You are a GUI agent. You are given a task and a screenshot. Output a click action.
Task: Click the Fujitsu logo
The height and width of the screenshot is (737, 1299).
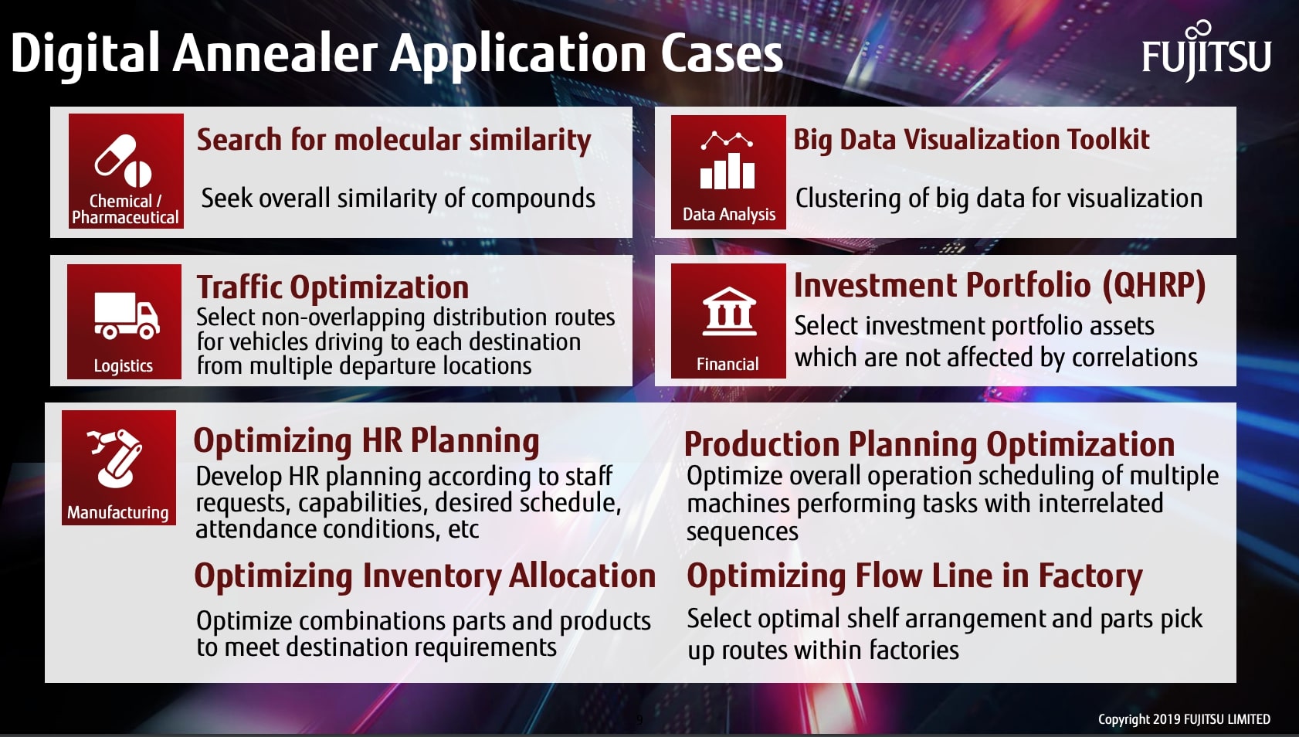click(1206, 53)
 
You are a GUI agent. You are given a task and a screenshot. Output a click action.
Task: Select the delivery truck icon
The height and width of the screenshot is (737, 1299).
click(126, 315)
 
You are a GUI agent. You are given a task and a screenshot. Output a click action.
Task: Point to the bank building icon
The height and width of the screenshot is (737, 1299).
click(729, 311)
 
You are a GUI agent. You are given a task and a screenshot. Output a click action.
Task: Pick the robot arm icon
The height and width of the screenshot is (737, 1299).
click(117, 459)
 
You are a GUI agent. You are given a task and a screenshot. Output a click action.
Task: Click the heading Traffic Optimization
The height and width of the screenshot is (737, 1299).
click(332, 287)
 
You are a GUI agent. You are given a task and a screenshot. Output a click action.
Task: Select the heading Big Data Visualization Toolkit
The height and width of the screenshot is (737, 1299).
click(971, 140)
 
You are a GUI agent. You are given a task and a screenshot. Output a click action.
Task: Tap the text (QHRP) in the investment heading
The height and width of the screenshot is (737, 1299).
click(1153, 285)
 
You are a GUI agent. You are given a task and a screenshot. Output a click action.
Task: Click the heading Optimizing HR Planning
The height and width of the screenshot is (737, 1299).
click(366, 441)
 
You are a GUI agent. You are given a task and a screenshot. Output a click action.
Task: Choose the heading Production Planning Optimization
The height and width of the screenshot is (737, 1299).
click(929, 444)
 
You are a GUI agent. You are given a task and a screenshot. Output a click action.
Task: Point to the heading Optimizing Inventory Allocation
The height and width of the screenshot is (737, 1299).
click(425, 576)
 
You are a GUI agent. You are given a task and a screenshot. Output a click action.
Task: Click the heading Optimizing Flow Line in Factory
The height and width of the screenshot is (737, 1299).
click(914, 576)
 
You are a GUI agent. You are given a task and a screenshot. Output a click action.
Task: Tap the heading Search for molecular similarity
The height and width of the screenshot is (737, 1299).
click(394, 141)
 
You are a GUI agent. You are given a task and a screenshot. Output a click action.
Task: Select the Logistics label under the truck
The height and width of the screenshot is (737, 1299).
click(124, 365)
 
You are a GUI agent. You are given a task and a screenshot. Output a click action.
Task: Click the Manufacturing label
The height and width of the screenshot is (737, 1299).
click(117, 512)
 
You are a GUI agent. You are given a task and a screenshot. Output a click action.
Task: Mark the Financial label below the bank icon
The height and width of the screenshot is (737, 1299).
click(728, 364)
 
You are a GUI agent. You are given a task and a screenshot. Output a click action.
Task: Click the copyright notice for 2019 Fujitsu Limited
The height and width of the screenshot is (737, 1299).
click(1183, 719)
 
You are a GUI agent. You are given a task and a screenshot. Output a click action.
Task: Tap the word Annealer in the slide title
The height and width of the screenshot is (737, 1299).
click(275, 54)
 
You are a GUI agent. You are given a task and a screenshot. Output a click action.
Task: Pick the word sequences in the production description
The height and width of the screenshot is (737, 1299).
click(742, 532)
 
